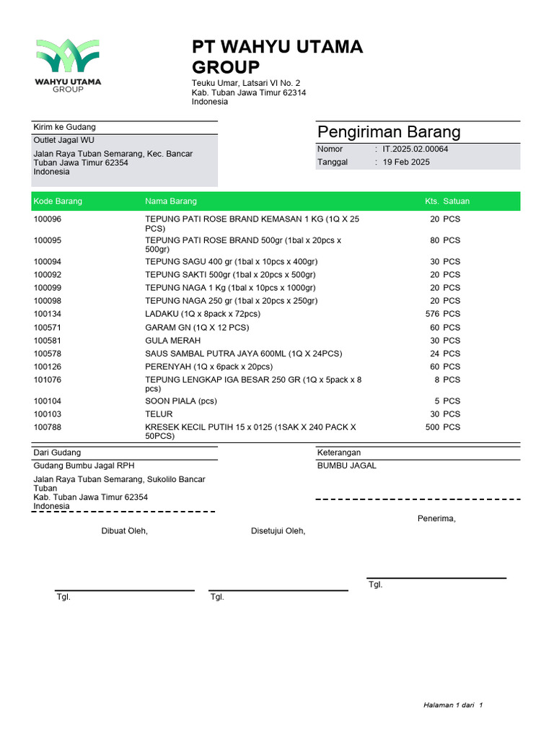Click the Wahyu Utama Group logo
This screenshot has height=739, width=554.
68,64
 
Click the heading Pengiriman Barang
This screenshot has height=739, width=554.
389,132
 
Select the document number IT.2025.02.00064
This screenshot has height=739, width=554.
415,149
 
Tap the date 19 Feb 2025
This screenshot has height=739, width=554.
406,162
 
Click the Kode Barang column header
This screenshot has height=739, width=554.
58,201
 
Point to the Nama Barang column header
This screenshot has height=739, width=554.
171,201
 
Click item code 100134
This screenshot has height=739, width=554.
48,314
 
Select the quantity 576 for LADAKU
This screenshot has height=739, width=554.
432,314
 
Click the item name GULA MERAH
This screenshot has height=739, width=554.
173,341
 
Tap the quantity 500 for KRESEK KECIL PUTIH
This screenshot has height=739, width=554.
432,427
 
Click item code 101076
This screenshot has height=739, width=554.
48,380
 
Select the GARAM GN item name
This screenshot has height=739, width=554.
197,328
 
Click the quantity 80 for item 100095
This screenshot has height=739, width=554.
435,240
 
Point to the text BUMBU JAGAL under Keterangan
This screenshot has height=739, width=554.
346,465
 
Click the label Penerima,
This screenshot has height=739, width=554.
436,518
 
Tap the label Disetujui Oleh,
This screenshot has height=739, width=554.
278,531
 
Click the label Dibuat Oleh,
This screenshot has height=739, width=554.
124,531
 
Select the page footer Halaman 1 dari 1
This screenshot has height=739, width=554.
452,705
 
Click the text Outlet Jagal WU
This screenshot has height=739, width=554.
63,140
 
